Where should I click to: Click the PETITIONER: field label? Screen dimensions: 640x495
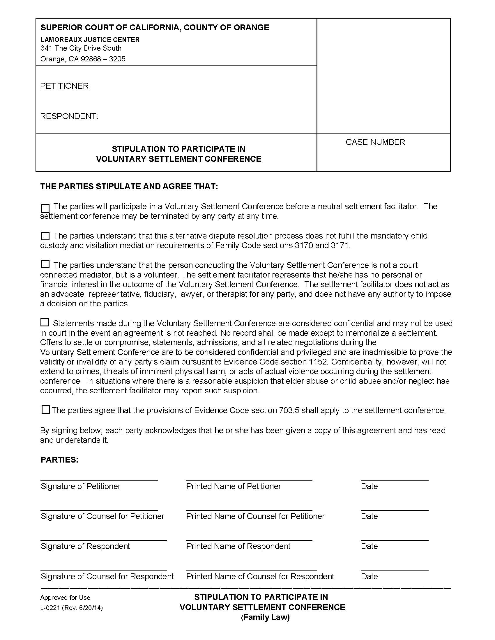point(66,86)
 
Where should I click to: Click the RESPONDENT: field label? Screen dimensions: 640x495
point(69,116)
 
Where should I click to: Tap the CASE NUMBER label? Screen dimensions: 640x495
point(375,142)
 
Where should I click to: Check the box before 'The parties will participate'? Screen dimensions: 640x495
point(45,208)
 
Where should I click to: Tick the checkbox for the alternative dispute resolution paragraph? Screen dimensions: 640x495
point(45,236)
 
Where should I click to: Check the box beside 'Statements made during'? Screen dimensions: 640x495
point(45,323)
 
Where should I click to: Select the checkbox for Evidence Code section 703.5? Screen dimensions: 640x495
point(45,410)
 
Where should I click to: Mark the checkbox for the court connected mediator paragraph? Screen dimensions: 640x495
point(45,264)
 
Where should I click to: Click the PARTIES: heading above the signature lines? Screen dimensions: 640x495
point(59,460)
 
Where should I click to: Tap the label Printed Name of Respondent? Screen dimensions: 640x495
point(238,546)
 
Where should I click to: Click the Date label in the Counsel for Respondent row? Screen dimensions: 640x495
point(369,576)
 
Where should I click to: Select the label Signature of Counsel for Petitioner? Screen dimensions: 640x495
point(102,516)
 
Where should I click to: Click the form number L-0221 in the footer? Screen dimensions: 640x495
point(50,608)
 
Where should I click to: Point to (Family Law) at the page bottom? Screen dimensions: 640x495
point(265,617)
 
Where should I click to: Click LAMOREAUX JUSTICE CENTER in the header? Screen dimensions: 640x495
point(90,40)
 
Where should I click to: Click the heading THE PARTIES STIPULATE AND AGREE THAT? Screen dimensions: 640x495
point(129,186)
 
